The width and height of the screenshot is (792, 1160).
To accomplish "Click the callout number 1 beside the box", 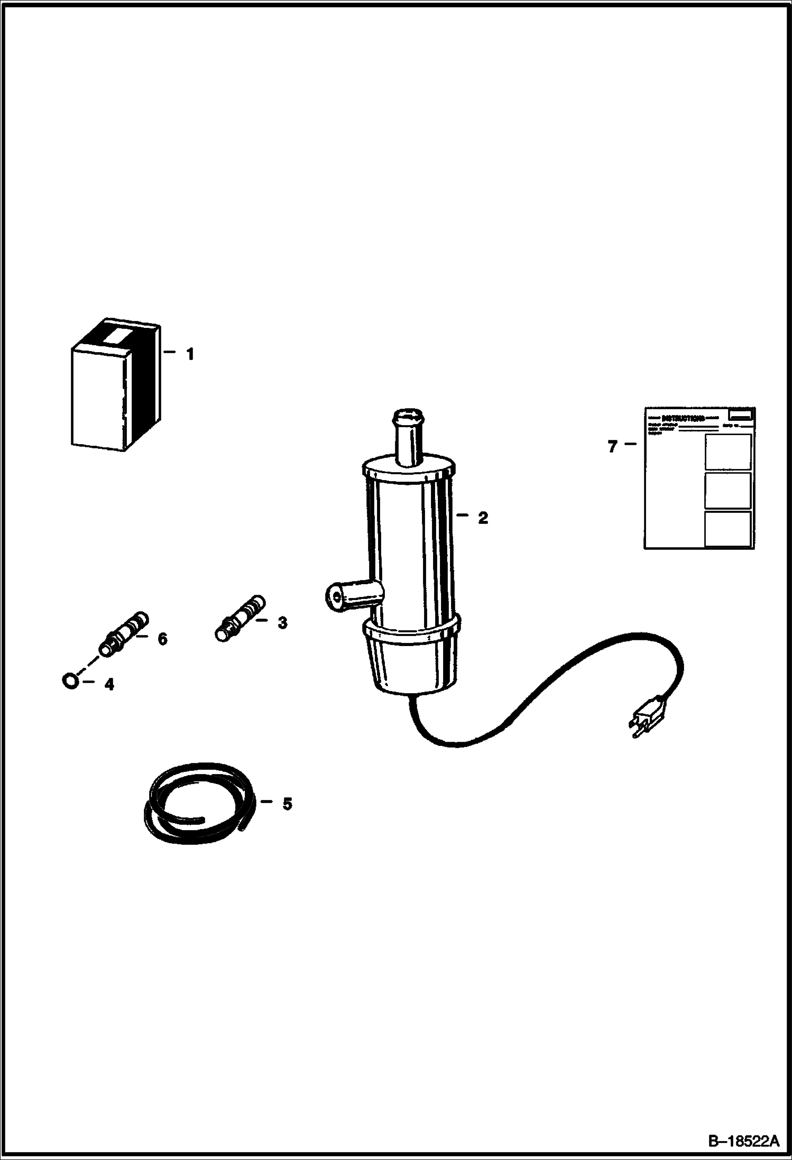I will [x=190, y=354].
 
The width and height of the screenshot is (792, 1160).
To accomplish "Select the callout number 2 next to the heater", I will [x=482, y=518].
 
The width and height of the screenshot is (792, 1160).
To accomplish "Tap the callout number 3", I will [x=282, y=623].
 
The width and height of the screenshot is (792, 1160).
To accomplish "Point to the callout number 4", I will [x=109, y=685].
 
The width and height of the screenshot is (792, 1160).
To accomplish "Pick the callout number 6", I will [x=162, y=639].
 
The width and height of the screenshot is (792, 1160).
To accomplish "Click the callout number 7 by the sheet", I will [x=612, y=447].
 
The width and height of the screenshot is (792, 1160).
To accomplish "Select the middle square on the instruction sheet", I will [x=727, y=490].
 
